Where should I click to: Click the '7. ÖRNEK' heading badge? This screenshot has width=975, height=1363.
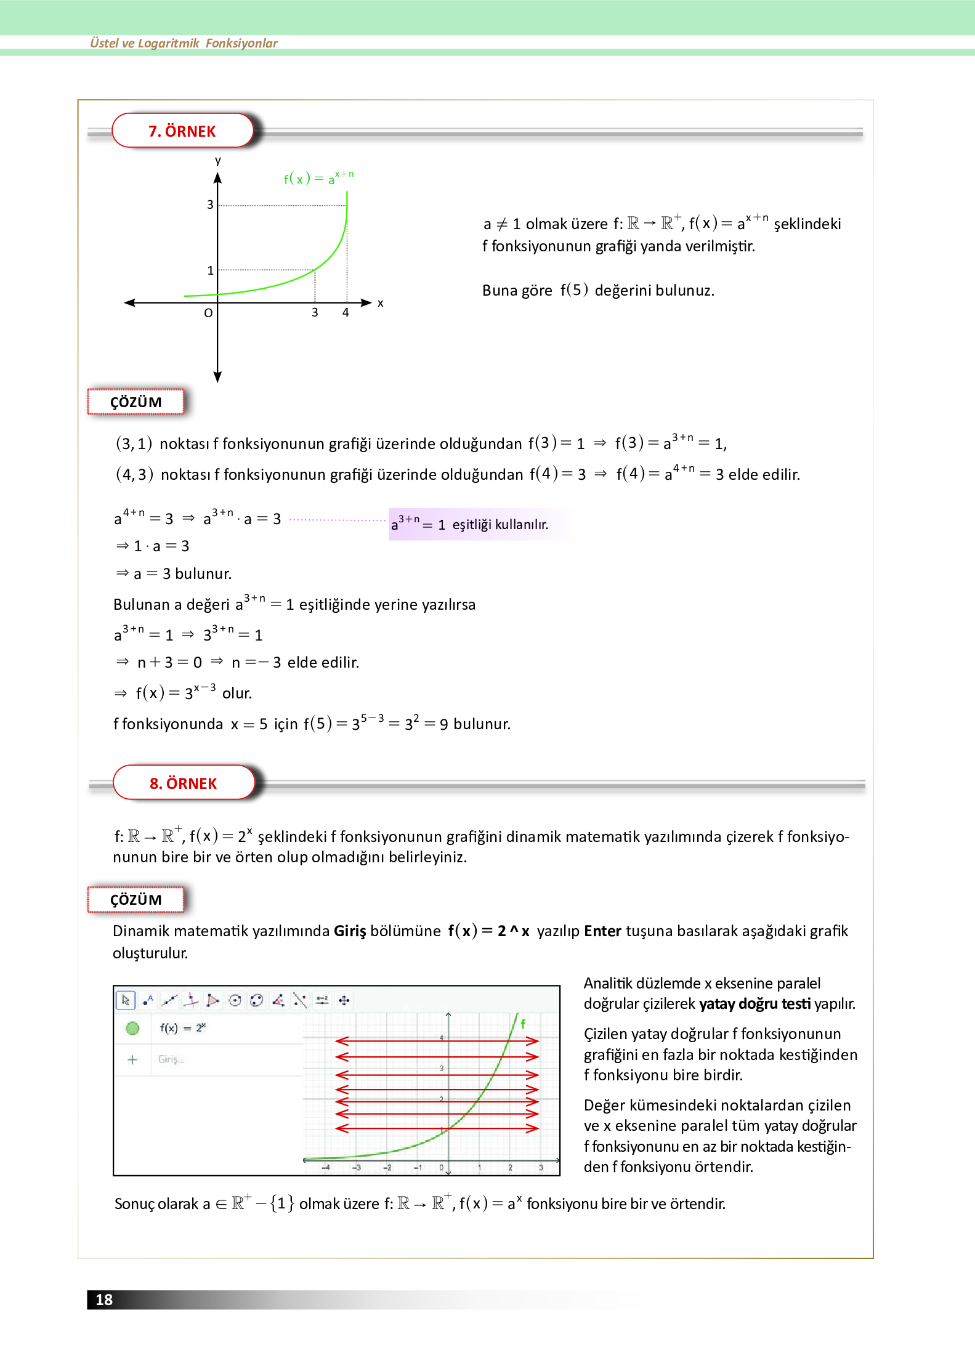(182, 131)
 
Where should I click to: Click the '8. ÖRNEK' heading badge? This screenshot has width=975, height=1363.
(184, 783)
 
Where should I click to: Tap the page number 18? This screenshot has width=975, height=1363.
(103, 1300)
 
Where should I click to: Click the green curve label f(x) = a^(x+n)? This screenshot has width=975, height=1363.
(318, 178)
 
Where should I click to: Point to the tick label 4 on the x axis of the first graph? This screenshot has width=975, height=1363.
(346, 313)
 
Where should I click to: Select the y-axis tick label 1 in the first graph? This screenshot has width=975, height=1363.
(210, 270)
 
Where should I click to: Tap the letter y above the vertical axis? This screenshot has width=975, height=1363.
(217, 161)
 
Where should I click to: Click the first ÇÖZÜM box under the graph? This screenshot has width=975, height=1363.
(136, 402)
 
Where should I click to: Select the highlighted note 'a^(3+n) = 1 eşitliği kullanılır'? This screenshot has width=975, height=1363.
(470, 524)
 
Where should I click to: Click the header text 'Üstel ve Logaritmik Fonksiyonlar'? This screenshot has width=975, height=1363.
(184, 43)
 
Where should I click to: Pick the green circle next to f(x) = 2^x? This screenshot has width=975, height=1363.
(132, 1028)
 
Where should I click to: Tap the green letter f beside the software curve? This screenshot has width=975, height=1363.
(523, 1024)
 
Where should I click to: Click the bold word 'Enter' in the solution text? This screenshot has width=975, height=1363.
(602, 931)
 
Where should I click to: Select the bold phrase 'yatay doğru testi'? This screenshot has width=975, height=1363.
(755, 1004)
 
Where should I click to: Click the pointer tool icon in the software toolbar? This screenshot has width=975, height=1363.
(126, 1000)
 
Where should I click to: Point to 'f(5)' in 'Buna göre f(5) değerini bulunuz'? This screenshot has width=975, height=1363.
(573, 290)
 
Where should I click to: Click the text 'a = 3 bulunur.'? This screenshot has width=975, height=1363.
(182, 573)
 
